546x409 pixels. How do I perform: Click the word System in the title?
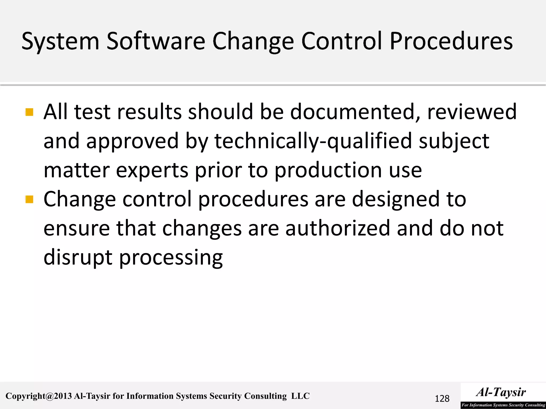point(60,42)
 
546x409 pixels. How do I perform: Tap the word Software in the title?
point(156,41)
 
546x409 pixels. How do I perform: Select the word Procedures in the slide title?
point(451,41)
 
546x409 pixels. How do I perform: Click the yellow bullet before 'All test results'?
point(29,112)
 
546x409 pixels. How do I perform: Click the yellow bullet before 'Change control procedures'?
point(29,199)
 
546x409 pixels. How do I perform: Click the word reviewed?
point(472,112)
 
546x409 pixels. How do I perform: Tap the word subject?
point(454,141)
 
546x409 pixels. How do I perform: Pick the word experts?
point(152,170)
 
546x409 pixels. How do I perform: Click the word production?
point(328,170)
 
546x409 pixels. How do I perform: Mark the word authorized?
point(338,228)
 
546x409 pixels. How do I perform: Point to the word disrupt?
point(78,258)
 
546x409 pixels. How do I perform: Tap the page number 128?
point(442,399)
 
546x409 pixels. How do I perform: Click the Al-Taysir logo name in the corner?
point(501,392)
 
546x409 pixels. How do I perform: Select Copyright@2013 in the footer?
point(39,396)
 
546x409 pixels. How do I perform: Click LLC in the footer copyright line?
point(300,396)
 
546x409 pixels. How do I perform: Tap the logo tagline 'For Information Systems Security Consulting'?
point(503,405)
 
